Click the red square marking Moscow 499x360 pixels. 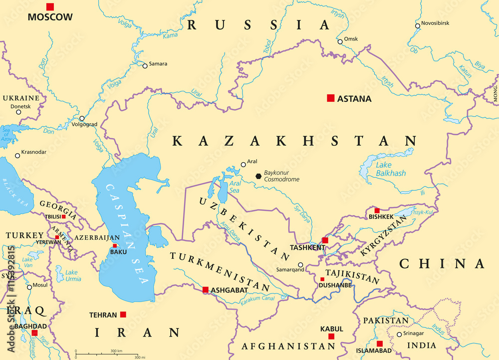(50, 6)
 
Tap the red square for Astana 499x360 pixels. (330, 98)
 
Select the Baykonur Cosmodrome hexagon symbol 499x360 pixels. (258, 176)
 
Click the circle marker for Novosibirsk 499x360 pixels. (418, 25)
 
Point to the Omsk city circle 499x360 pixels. (340, 41)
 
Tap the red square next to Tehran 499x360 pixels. (123, 315)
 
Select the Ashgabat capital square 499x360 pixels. (205, 290)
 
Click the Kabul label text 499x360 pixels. (332, 329)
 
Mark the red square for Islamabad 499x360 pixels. (380, 344)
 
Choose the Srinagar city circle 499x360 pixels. (399, 335)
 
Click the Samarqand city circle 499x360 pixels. (300, 265)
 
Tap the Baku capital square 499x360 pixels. (115, 246)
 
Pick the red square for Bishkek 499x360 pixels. (377, 211)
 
